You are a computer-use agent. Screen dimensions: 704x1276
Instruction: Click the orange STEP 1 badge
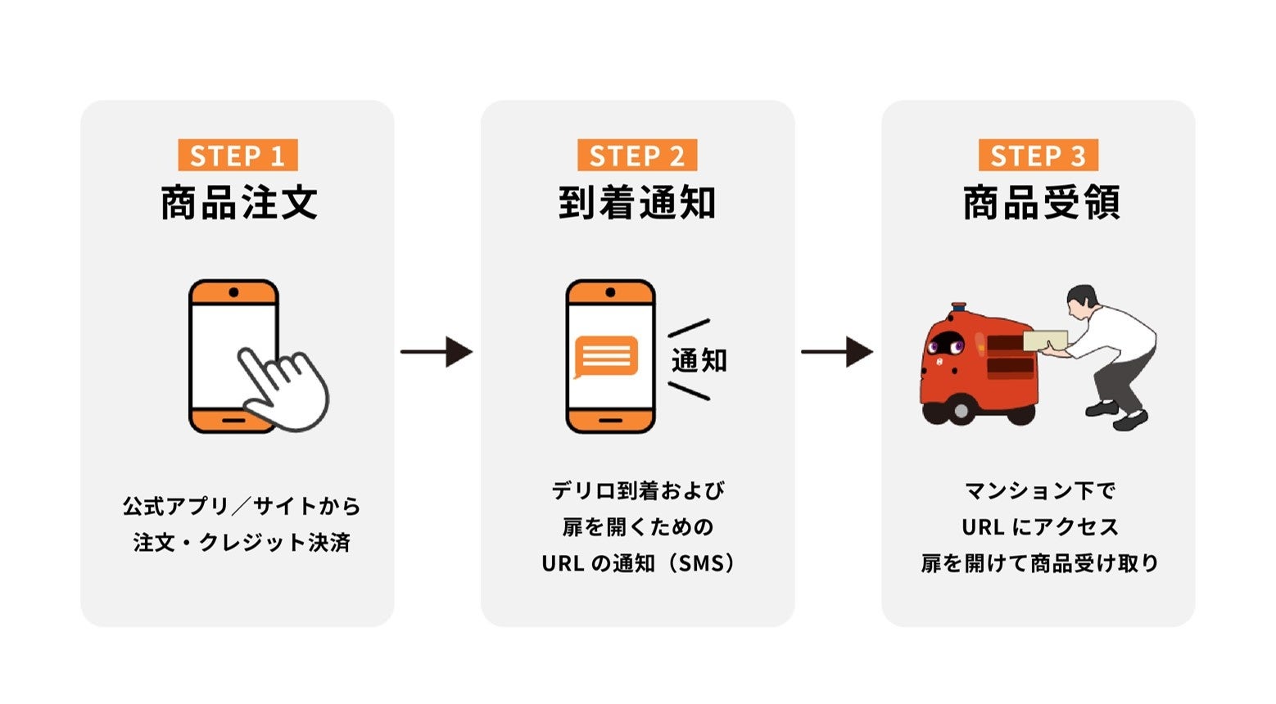(238, 156)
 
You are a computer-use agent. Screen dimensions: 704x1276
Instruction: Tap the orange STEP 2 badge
(637, 156)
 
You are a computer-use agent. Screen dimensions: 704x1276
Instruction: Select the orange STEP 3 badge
(1038, 156)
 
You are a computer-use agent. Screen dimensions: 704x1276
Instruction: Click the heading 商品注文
(238, 203)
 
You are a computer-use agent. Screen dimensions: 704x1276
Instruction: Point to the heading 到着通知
(637, 203)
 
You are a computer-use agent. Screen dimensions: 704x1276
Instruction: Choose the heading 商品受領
(1040, 203)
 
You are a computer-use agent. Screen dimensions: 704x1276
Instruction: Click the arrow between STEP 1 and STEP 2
(437, 352)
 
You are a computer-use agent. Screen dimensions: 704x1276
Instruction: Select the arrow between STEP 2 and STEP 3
(837, 352)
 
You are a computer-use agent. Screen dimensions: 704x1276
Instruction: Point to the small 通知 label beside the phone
(699, 360)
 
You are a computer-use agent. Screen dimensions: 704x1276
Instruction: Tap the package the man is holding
(1044, 340)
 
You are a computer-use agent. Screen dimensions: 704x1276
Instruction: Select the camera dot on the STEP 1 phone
(233, 292)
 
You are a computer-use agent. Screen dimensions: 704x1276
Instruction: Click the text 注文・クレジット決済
(242, 543)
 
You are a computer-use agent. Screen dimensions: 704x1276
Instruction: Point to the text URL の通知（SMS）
(637, 563)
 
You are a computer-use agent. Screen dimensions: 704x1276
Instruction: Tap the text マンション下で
(1040, 490)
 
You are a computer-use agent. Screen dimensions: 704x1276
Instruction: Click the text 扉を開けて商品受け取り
(1040, 563)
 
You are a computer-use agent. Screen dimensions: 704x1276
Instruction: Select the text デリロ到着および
(637, 490)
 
